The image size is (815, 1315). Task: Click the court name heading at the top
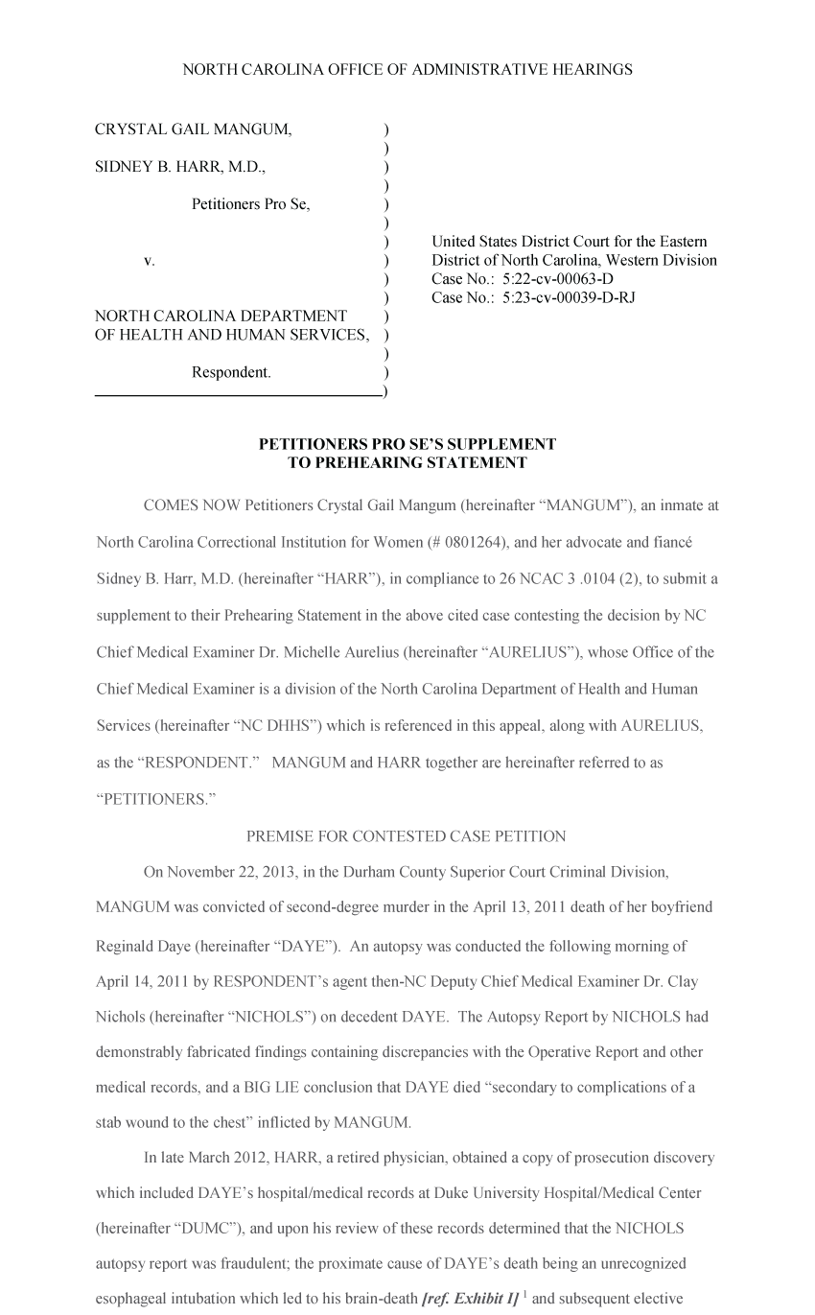(407, 70)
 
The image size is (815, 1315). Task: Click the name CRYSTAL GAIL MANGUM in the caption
(194, 129)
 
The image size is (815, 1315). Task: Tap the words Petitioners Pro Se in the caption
(250, 204)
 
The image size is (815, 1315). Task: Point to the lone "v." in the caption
(150, 260)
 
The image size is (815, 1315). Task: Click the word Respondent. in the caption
(231, 372)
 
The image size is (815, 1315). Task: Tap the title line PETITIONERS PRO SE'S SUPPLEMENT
(407, 445)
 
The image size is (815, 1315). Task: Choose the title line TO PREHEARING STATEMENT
(407, 463)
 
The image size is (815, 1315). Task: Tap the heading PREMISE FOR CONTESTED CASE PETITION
(407, 836)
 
